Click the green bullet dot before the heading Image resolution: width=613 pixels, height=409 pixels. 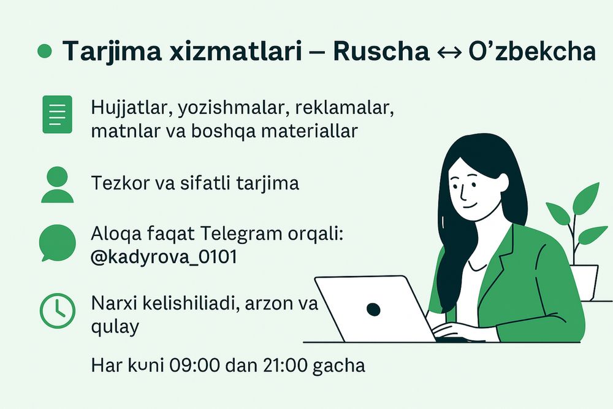click(x=45, y=52)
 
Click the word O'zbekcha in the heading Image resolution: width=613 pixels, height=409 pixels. click(x=531, y=52)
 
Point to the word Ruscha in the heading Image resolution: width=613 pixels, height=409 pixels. click(x=381, y=52)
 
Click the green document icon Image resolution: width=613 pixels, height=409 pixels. click(x=57, y=114)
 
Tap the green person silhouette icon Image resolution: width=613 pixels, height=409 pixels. click(x=57, y=185)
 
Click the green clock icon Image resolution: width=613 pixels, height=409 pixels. click(x=57, y=310)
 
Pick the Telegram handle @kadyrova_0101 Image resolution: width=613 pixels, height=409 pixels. click(x=164, y=258)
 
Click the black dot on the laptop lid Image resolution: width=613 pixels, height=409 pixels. click(x=373, y=309)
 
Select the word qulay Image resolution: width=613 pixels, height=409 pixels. click(x=115, y=326)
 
